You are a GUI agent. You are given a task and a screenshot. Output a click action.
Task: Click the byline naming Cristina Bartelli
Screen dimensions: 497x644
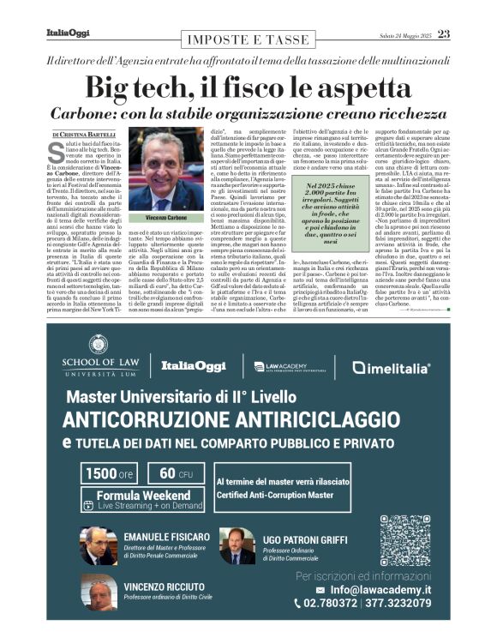click(x=86, y=135)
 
